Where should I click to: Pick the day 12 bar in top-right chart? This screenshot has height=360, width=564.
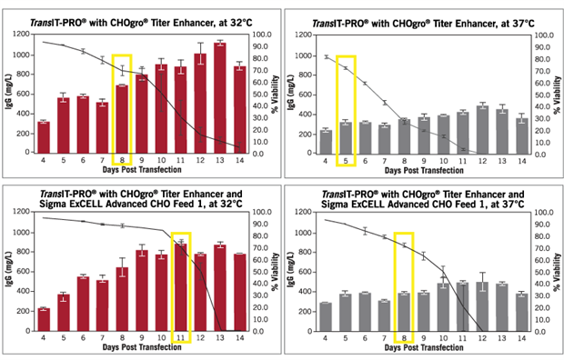click(483, 130)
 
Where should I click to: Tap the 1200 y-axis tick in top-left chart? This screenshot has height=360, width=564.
click(21, 33)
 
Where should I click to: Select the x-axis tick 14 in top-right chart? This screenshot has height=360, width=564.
click(522, 160)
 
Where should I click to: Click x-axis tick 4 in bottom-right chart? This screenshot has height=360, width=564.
click(326, 338)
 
